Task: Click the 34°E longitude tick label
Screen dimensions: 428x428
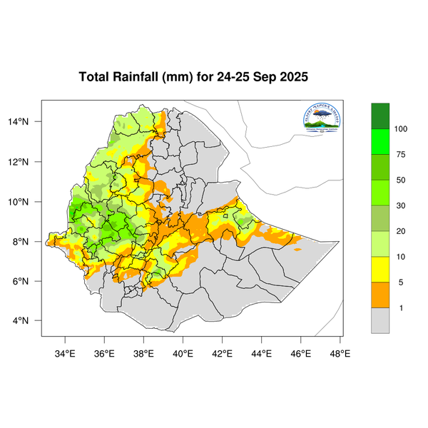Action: (66, 352)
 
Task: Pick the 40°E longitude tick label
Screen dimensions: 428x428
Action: (183, 352)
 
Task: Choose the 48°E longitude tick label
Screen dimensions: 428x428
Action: (340, 352)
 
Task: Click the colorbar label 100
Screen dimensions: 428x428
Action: (401, 129)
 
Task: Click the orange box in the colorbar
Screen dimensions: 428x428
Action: (380, 295)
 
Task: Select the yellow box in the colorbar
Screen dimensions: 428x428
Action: (380, 270)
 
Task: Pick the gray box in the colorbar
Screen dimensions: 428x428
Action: (380, 321)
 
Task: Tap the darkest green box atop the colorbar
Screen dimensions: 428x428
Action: (380, 116)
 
